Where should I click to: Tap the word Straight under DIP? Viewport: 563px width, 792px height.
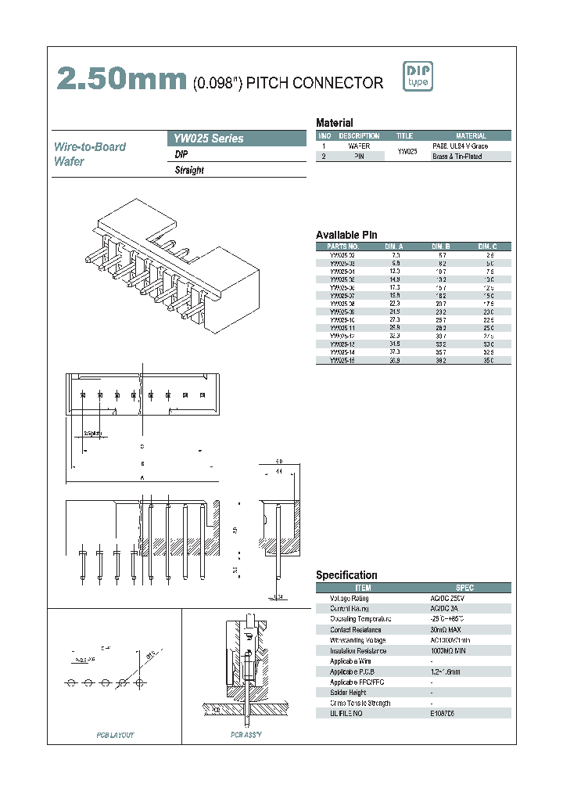pos(189,170)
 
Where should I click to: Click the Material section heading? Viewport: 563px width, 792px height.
pos(334,123)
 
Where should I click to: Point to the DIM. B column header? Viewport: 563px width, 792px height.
pos(443,246)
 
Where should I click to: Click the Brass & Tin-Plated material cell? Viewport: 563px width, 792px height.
pos(457,157)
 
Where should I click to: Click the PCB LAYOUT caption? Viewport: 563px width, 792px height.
pos(115,735)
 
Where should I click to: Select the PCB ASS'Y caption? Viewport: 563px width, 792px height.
pos(246,735)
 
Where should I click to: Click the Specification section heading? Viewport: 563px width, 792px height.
pos(346,575)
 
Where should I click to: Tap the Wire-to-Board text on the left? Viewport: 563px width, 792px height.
pos(89,147)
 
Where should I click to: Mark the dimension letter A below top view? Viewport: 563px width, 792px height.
pos(142,477)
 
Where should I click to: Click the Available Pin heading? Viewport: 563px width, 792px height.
pos(346,235)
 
